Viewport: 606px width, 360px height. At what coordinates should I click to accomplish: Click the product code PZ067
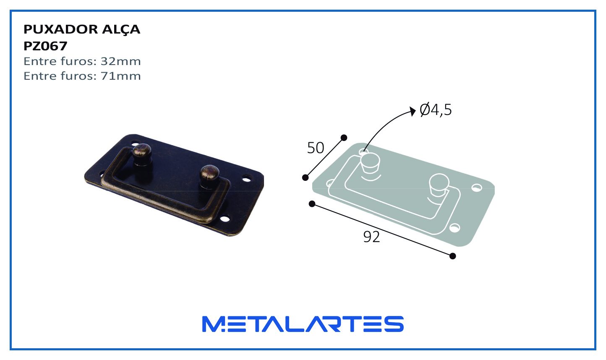point(45,46)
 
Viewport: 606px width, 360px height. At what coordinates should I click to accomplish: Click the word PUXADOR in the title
point(60,29)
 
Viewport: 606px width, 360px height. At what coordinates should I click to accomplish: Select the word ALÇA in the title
point(121,30)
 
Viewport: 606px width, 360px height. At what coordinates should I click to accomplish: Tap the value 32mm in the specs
point(121,61)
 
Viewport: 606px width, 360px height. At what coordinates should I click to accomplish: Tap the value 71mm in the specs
point(121,76)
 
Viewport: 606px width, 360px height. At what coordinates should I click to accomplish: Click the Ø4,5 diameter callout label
point(436,110)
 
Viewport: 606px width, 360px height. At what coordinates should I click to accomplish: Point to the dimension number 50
point(316,148)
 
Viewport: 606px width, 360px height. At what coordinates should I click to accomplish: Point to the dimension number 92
point(371,237)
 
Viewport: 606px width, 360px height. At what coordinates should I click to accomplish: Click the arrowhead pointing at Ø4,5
point(413,111)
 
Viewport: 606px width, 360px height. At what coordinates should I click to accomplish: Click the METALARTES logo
point(303,324)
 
